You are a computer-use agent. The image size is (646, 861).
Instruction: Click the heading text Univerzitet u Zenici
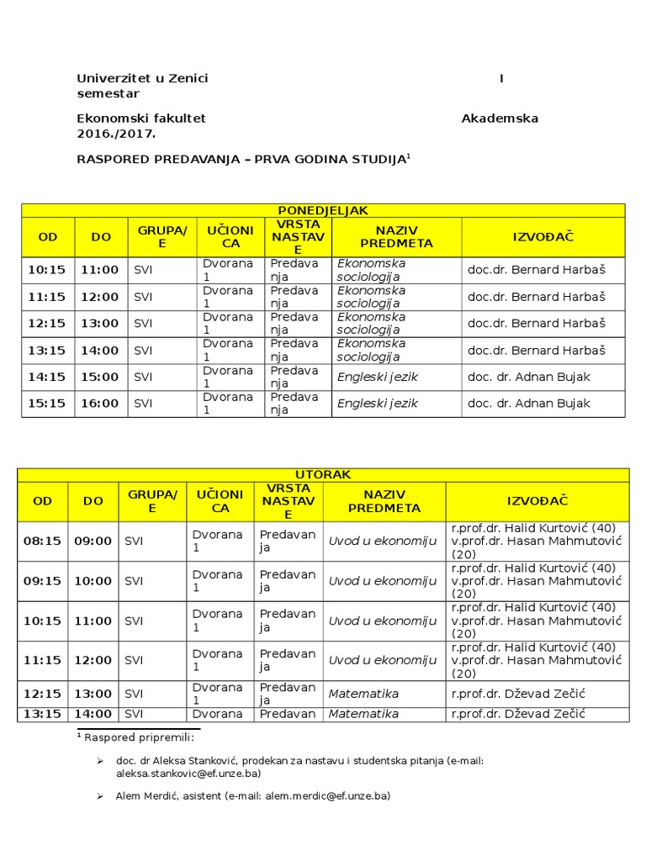click(x=142, y=78)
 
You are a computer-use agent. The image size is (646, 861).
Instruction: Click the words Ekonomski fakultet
click(x=141, y=119)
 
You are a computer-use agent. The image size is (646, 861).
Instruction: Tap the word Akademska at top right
click(x=500, y=119)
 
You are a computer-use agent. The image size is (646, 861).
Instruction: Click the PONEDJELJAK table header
click(x=323, y=210)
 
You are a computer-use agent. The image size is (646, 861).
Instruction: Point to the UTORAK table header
click(x=323, y=475)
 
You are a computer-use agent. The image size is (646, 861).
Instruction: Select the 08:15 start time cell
click(x=42, y=541)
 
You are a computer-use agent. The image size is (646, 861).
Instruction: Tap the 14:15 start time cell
click(x=48, y=377)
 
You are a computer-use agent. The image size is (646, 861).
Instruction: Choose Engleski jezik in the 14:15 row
click(x=378, y=377)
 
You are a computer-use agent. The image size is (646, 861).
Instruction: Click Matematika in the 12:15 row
click(x=363, y=694)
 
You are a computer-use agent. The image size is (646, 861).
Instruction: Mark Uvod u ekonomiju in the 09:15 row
click(x=383, y=581)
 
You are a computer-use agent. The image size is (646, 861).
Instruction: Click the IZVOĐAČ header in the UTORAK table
click(x=537, y=501)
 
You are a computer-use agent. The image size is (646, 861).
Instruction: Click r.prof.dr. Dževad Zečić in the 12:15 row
click(x=518, y=694)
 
